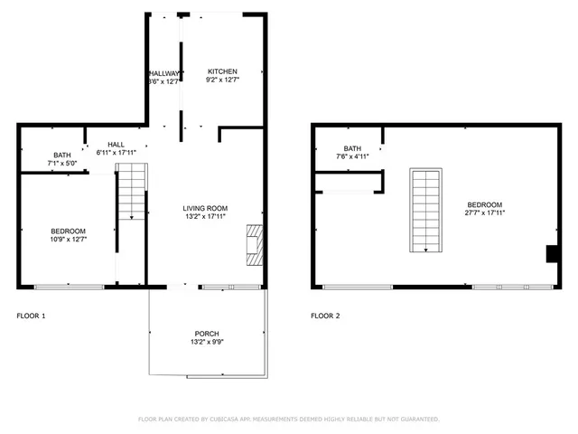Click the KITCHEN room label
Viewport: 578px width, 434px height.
(222, 71)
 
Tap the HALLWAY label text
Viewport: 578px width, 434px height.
(163, 73)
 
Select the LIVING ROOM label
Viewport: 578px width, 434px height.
(205, 207)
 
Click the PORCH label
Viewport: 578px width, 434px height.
(207, 334)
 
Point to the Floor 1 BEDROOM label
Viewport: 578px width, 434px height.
(68, 231)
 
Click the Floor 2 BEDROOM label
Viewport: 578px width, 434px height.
(485, 204)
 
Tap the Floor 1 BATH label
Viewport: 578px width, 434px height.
(61, 155)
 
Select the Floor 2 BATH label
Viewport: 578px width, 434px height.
(352, 148)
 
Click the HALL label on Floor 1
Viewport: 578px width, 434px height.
(116, 144)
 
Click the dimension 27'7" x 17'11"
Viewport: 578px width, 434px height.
(485, 213)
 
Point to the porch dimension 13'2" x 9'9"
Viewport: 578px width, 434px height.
(207, 343)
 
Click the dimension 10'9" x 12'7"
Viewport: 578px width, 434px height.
(68, 240)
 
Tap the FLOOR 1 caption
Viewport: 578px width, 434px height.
(31, 316)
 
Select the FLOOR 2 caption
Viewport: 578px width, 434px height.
(325, 316)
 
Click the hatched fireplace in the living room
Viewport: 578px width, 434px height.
(255, 245)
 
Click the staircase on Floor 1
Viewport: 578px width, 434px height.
(132, 192)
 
